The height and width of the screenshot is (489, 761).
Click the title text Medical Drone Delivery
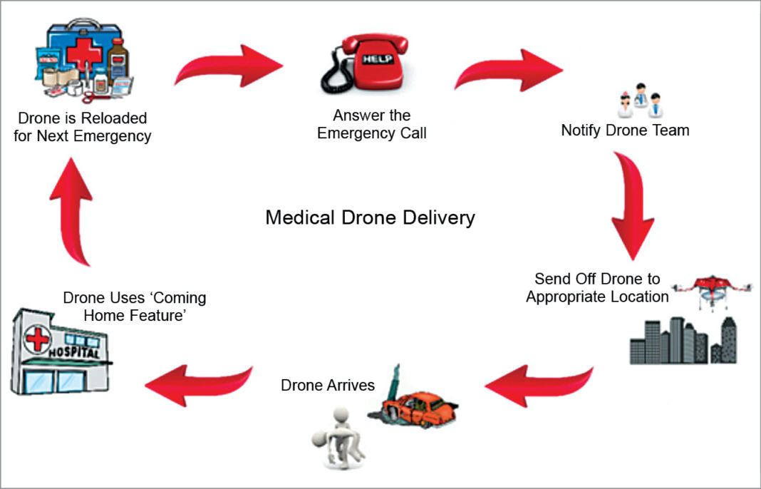(370, 217)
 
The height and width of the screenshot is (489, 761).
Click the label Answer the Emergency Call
(372, 124)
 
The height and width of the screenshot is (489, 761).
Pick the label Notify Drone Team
(625, 130)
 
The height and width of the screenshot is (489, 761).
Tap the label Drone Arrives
(328, 386)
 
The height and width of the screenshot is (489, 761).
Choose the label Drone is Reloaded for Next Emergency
(83, 127)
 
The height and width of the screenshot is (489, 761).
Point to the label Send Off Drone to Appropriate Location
(597, 287)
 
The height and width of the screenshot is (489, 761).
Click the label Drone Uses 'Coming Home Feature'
(135, 305)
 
